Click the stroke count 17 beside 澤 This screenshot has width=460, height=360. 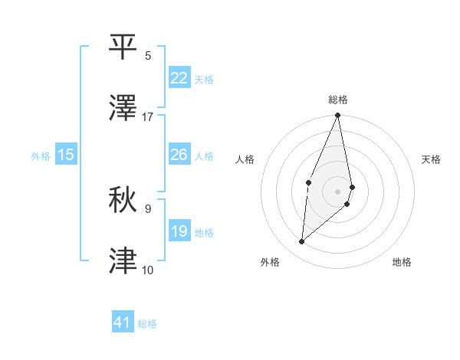tap(148, 117)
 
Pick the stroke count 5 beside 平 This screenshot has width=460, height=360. tap(148, 55)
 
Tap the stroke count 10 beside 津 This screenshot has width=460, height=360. tap(148, 270)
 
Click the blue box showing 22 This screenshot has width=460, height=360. tap(179, 78)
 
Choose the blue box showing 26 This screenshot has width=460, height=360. tap(179, 155)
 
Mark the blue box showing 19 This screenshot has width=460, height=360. tap(179, 231)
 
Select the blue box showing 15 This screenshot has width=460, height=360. tap(66, 155)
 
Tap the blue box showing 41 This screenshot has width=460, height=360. tap(122, 323)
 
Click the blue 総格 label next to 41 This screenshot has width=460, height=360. tap(147, 324)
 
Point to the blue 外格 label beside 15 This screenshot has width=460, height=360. tap(41, 155)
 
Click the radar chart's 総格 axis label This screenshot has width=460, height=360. tap(338, 100)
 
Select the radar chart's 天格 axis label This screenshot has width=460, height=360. tap(432, 159)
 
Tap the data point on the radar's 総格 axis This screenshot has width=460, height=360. tap(337, 116)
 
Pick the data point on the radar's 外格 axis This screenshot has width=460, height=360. tap(302, 242)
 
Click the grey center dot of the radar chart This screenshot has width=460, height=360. tap(337, 191)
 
